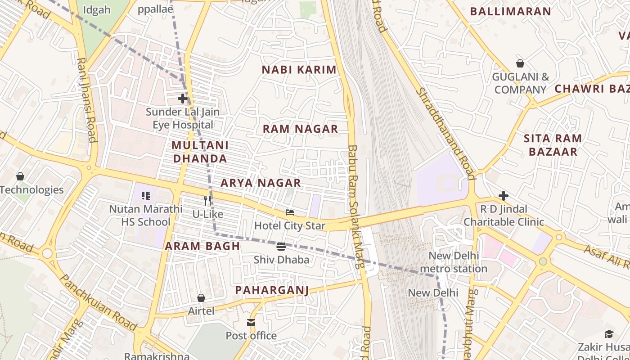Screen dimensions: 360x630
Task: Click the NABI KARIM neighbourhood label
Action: tap(299, 70)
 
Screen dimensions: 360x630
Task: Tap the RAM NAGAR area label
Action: tap(300, 129)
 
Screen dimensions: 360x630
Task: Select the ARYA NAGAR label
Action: tap(261, 183)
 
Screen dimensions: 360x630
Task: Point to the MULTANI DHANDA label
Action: tap(200, 152)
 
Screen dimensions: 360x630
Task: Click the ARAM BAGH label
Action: tap(202, 246)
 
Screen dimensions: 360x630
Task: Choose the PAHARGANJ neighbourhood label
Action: tap(272, 290)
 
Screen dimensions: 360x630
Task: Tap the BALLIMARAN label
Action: tap(510, 12)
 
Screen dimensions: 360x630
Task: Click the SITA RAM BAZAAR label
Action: tap(553, 145)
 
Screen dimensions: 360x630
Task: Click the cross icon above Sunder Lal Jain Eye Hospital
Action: tap(183, 98)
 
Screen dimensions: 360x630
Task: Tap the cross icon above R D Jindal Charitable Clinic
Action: tap(504, 196)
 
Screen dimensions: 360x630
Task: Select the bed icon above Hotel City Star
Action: tap(290, 212)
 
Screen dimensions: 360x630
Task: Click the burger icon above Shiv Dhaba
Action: tap(281, 246)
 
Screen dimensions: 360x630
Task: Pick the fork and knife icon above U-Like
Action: tap(207, 201)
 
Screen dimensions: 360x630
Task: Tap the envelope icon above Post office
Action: tap(251, 322)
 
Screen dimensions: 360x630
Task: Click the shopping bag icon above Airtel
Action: tap(201, 298)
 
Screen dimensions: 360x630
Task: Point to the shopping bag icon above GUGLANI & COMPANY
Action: tap(520, 63)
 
